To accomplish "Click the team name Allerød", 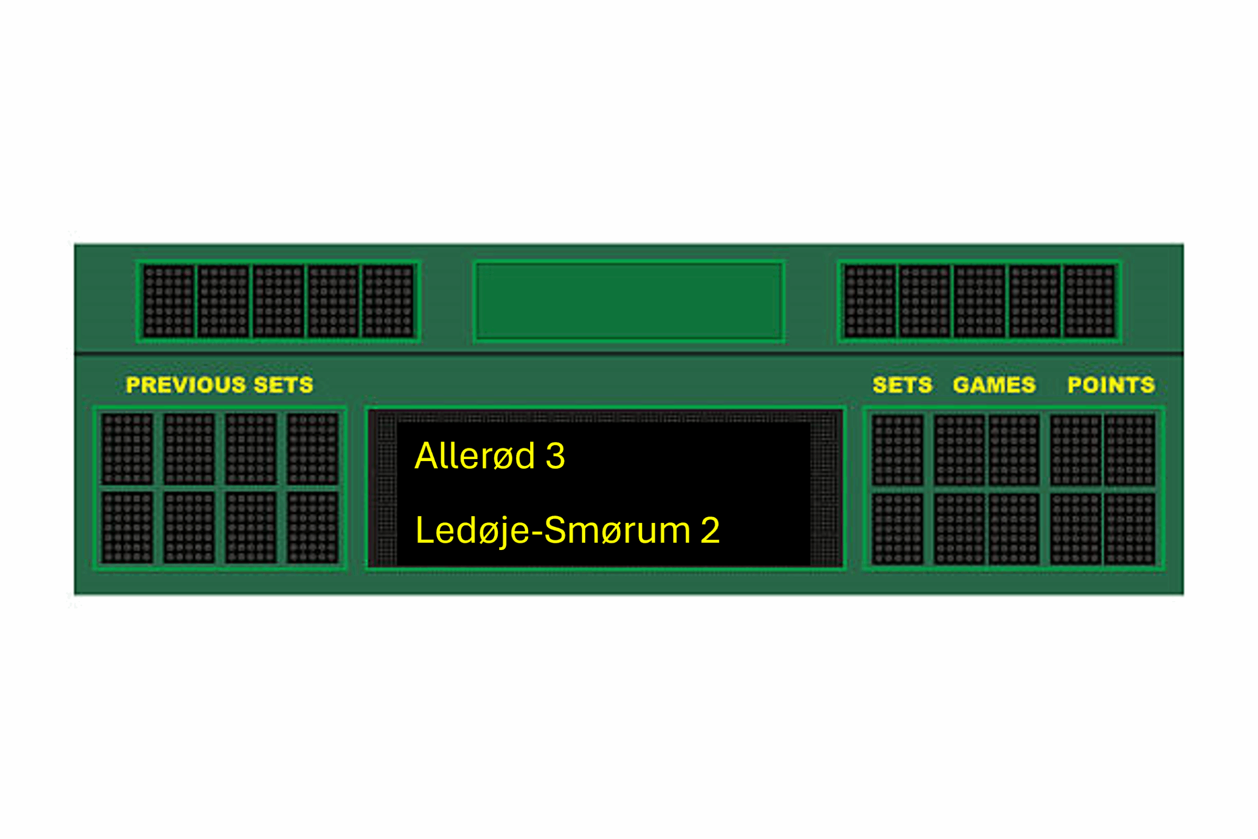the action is [x=474, y=456].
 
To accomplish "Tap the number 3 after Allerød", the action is [x=555, y=457].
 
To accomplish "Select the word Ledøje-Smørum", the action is [x=553, y=531].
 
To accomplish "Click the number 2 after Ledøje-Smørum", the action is [x=710, y=530].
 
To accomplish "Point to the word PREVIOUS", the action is [x=186, y=385].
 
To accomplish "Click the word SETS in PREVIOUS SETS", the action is [x=284, y=385].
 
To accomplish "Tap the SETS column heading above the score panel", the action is [x=902, y=385].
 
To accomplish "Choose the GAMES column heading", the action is [x=994, y=385].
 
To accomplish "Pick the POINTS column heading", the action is [x=1111, y=385].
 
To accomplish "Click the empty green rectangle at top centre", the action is [x=629, y=302].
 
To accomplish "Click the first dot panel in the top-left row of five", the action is [x=169, y=302].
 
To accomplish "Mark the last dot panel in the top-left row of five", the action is [x=388, y=302].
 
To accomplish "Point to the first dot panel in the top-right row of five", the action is [x=870, y=302].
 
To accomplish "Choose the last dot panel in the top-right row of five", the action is [x=1089, y=302].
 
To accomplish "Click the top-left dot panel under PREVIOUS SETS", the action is [x=127, y=449].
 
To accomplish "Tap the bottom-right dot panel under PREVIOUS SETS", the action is [x=313, y=527].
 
